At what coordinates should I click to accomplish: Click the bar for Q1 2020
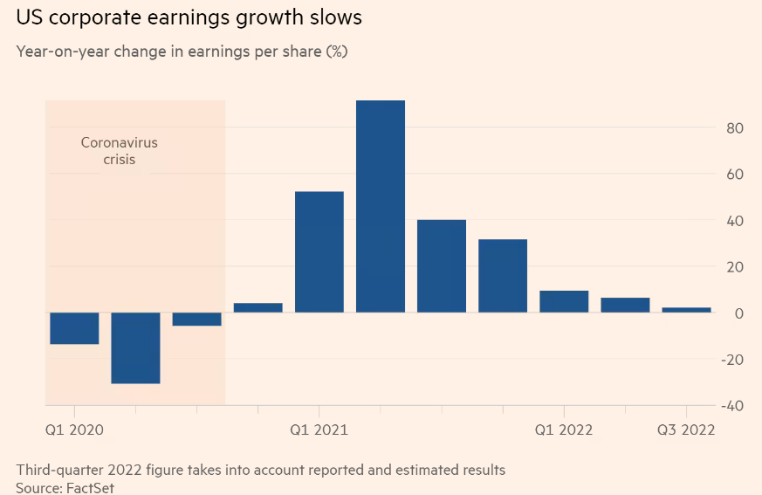[74, 328]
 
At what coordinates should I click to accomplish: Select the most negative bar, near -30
[135, 347]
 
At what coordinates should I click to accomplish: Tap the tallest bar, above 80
[381, 206]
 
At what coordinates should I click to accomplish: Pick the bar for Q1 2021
[319, 251]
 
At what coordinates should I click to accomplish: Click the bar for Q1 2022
[564, 301]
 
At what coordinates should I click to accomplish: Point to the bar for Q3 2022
[686, 310]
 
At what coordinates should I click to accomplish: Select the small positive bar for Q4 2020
[258, 307]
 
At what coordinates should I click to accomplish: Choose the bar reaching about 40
[442, 265]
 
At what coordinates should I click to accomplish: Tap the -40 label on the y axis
[731, 406]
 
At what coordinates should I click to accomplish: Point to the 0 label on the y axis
[738, 313]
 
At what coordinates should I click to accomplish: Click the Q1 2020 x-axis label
[74, 430]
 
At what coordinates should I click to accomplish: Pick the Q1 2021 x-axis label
[319, 430]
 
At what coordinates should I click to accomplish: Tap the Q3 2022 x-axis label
[686, 430]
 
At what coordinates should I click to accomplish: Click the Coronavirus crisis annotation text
[120, 151]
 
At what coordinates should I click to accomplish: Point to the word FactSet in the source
[90, 488]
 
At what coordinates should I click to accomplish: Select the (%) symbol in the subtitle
[337, 51]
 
